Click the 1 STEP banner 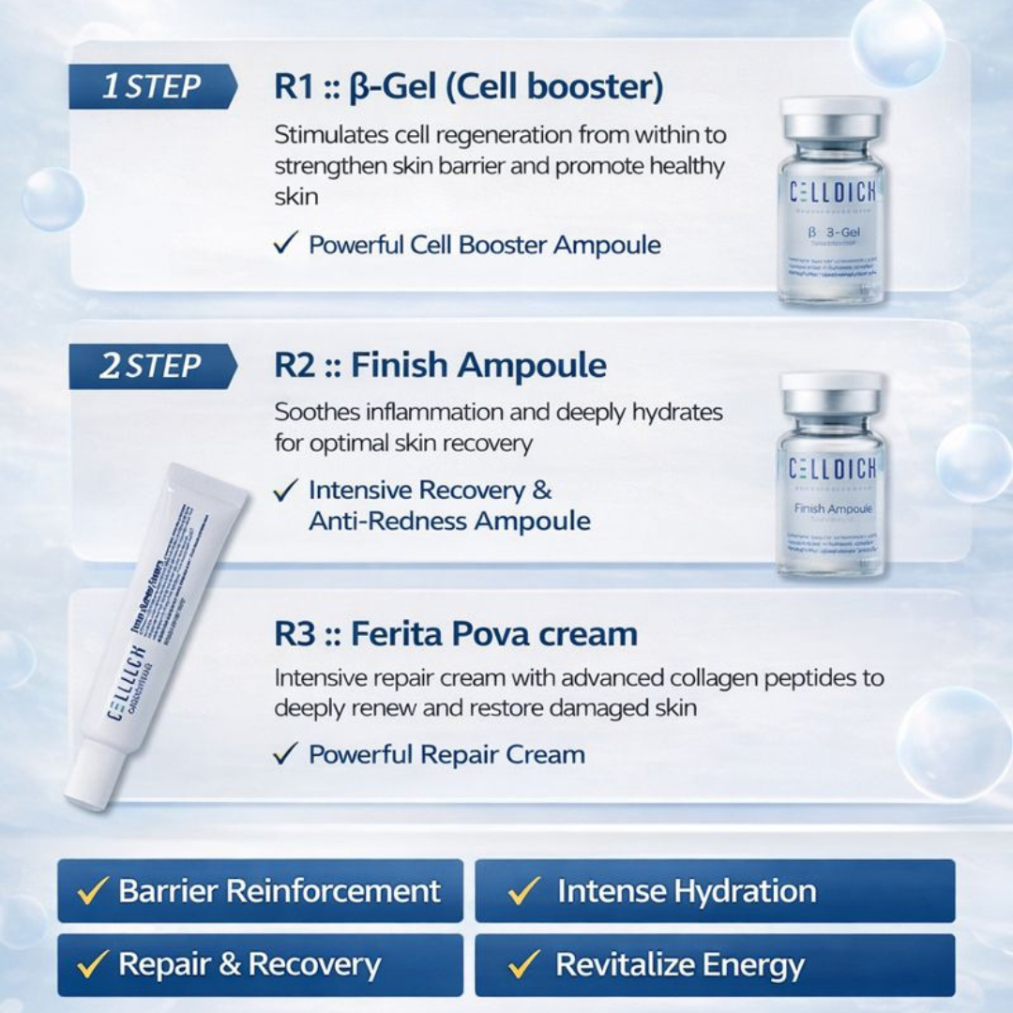coord(151,87)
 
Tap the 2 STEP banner coord(151,366)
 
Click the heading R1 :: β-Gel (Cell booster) coord(468,87)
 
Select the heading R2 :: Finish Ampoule coord(440,366)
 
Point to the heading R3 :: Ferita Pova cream coord(455,634)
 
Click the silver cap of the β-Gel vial coord(832,118)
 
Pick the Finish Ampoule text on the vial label coord(833,508)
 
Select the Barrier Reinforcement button coord(260,890)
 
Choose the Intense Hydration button coord(715,890)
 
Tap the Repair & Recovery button coord(260,964)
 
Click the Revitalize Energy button coord(715,964)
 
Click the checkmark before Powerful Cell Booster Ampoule coord(286,245)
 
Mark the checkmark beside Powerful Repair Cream coord(286,754)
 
